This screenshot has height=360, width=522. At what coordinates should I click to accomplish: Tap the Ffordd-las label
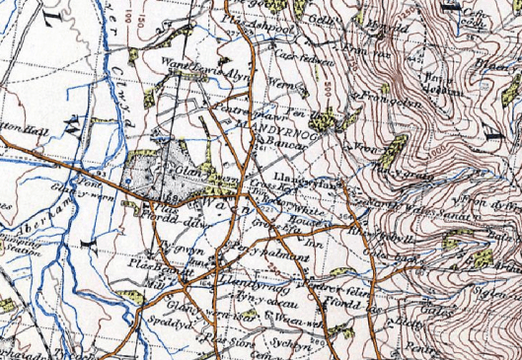(x=353, y=305)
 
